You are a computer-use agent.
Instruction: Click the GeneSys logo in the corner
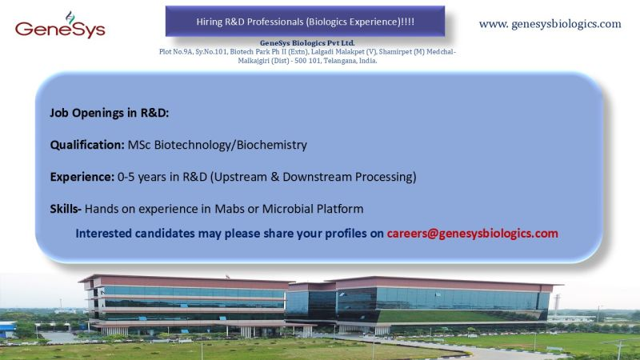[x=60, y=26]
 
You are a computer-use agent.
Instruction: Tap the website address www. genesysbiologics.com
[x=550, y=24]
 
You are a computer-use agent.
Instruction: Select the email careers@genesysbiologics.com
[x=472, y=234]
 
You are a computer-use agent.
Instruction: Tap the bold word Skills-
[x=66, y=209]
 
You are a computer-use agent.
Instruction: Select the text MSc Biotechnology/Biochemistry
[x=217, y=145]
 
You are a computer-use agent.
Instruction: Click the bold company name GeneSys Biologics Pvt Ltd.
[x=307, y=42]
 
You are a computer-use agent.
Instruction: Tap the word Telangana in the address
[x=314, y=60]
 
